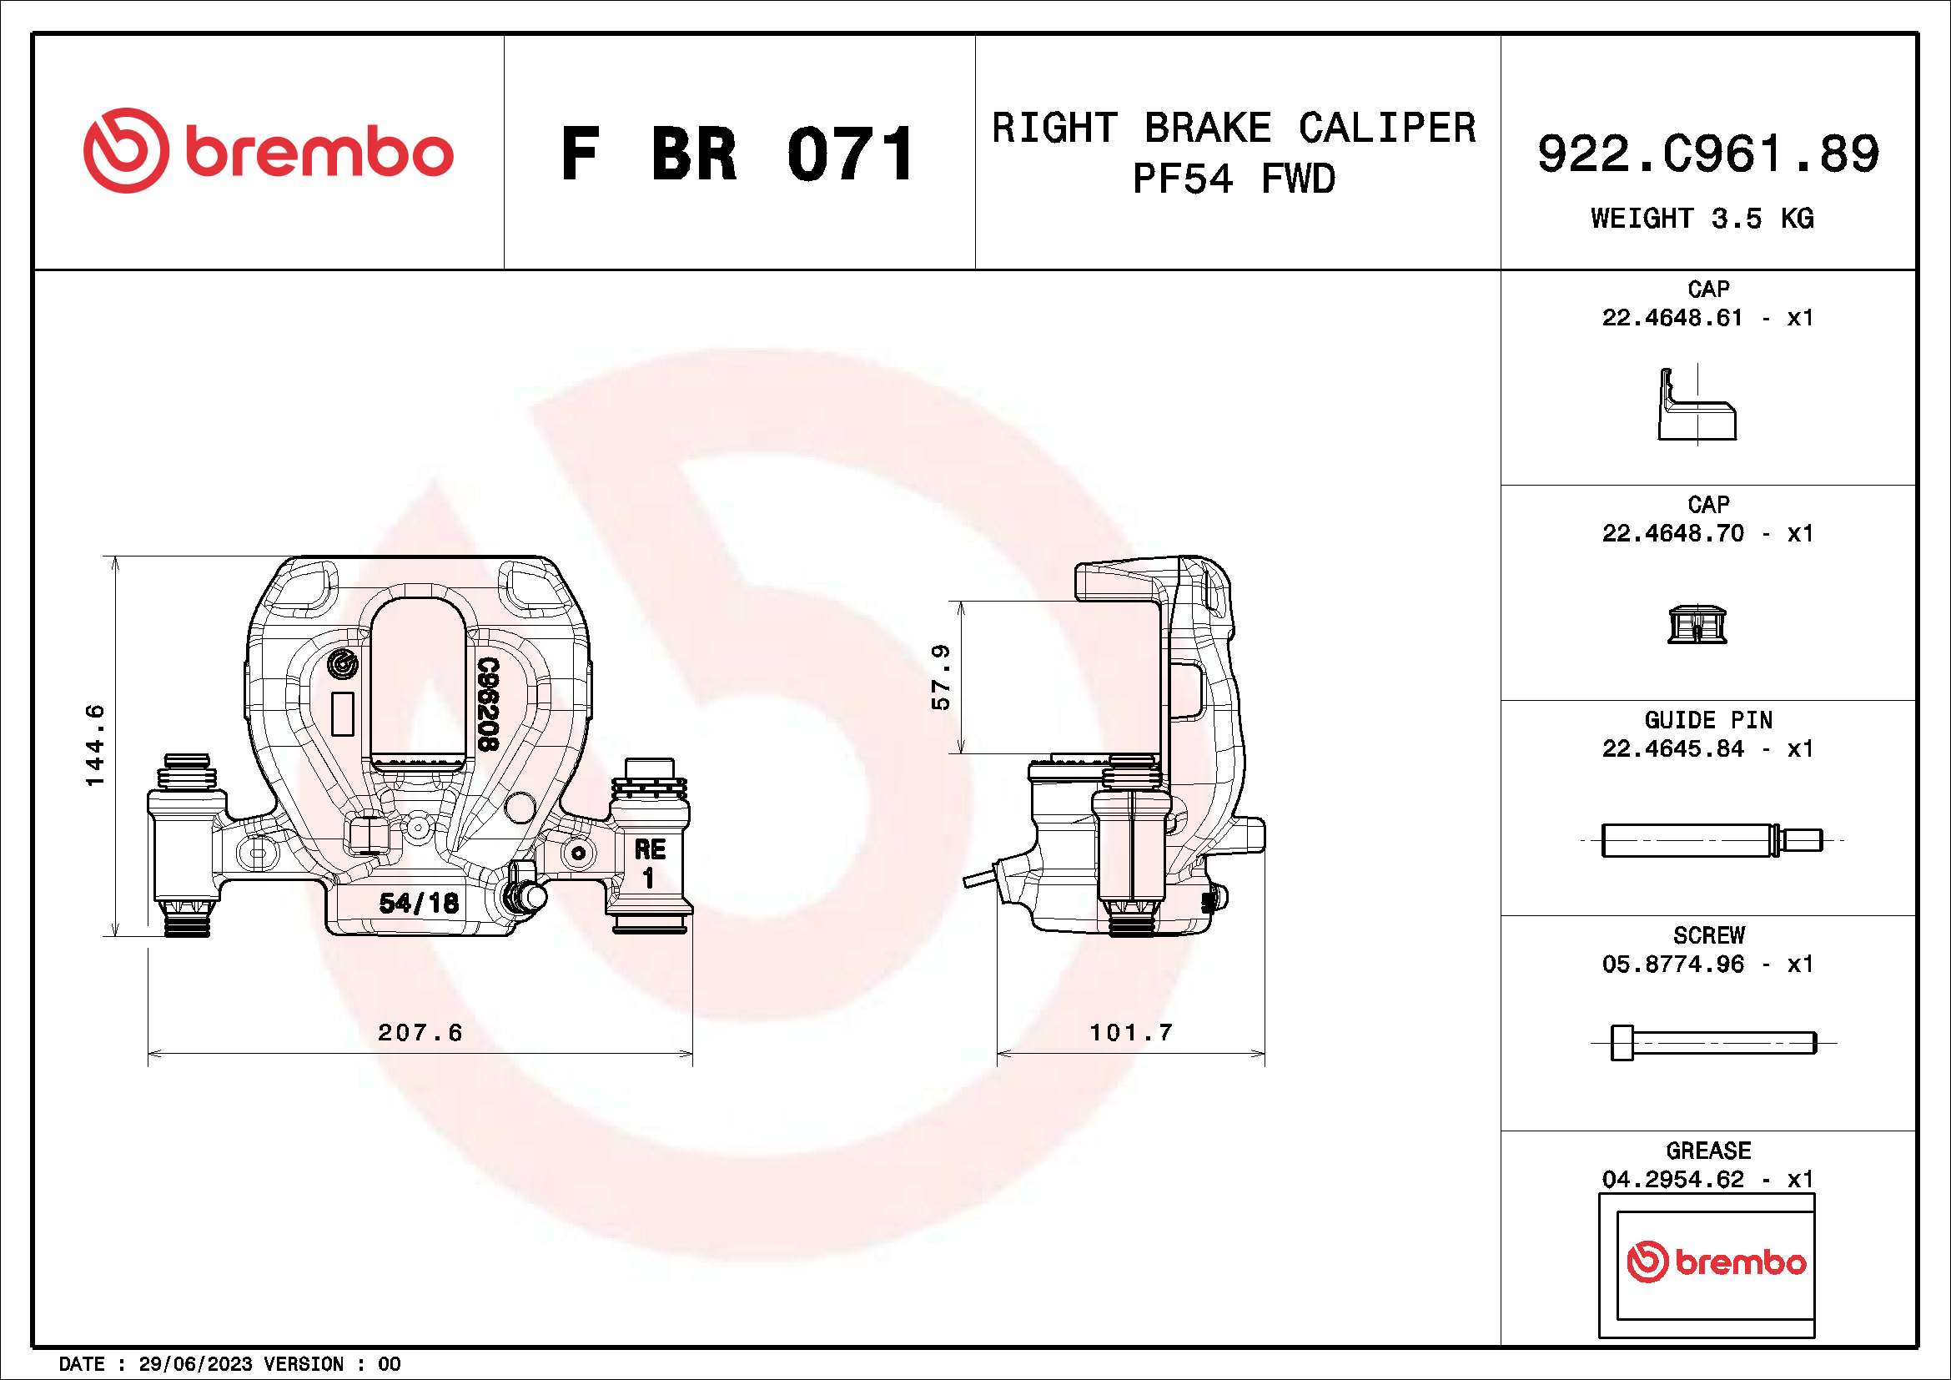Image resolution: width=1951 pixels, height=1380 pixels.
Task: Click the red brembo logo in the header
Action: pyautogui.click(x=268, y=151)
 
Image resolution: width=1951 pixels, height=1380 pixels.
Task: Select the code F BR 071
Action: pyautogui.click(x=737, y=154)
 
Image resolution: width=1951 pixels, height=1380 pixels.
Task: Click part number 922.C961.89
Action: pyautogui.click(x=1708, y=154)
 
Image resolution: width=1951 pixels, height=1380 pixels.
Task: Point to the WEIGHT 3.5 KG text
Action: pyautogui.click(x=1702, y=219)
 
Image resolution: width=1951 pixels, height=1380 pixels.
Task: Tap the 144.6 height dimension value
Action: pyautogui.click(x=95, y=745)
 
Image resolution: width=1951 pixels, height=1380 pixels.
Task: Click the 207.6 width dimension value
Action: pyautogui.click(x=420, y=1032)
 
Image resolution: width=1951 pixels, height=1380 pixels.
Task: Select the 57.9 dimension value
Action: pyautogui.click(x=941, y=677)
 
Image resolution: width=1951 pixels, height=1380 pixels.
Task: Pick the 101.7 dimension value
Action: pyautogui.click(x=1131, y=1032)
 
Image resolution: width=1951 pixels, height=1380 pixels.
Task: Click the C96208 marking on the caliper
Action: pyautogui.click(x=487, y=703)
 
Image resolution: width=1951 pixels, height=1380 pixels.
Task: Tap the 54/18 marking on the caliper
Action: pyautogui.click(x=419, y=903)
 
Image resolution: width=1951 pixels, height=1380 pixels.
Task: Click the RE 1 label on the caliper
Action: pyautogui.click(x=649, y=862)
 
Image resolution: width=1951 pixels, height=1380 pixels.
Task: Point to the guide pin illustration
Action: pyautogui.click(x=1711, y=840)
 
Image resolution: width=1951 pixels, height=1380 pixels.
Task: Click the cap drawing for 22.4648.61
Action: pyautogui.click(x=1696, y=406)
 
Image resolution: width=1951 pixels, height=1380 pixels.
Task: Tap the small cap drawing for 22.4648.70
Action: pyautogui.click(x=1697, y=625)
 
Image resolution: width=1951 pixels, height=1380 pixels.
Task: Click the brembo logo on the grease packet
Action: pyautogui.click(x=1716, y=1262)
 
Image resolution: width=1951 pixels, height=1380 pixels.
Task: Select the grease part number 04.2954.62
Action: pyautogui.click(x=1672, y=1180)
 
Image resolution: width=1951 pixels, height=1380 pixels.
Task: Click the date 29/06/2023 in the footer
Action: pyautogui.click(x=195, y=1365)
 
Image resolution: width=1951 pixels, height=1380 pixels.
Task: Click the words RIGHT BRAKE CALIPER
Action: pyautogui.click(x=1234, y=128)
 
